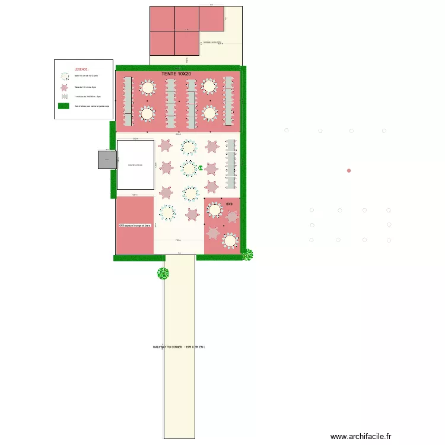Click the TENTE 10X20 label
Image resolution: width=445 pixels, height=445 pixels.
click(x=176, y=74)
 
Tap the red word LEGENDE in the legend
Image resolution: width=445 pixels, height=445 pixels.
click(x=82, y=69)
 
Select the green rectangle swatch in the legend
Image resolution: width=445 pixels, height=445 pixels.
click(x=63, y=106)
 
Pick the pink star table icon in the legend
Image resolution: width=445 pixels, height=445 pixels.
click(x=63, y=87)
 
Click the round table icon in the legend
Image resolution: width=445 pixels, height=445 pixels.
click(x=63, y=76)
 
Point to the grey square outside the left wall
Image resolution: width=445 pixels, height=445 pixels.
click(x=107, y=160)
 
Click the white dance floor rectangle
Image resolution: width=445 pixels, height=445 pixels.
click(x=135, y=164)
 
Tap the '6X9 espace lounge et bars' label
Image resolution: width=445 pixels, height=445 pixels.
click(x=135, y=225)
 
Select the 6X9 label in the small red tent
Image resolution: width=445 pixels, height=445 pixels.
click(x=228, y=204)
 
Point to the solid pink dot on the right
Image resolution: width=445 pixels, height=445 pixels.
click(x=349, y=171)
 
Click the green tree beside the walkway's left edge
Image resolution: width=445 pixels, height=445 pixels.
click(x=163, y=274)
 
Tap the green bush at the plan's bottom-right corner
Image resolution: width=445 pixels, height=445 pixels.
click(x=247, y=255)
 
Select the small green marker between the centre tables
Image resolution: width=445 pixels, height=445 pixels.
click(x=201, y=169)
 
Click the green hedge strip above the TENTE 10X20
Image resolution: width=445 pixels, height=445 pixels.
click(x=178, y=68)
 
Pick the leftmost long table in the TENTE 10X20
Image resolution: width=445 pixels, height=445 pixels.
click(x=127, y=101)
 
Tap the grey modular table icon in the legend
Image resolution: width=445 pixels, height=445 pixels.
click(x=63, y=96)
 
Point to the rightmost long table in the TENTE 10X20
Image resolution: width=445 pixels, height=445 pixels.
click(x=228, y=101)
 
